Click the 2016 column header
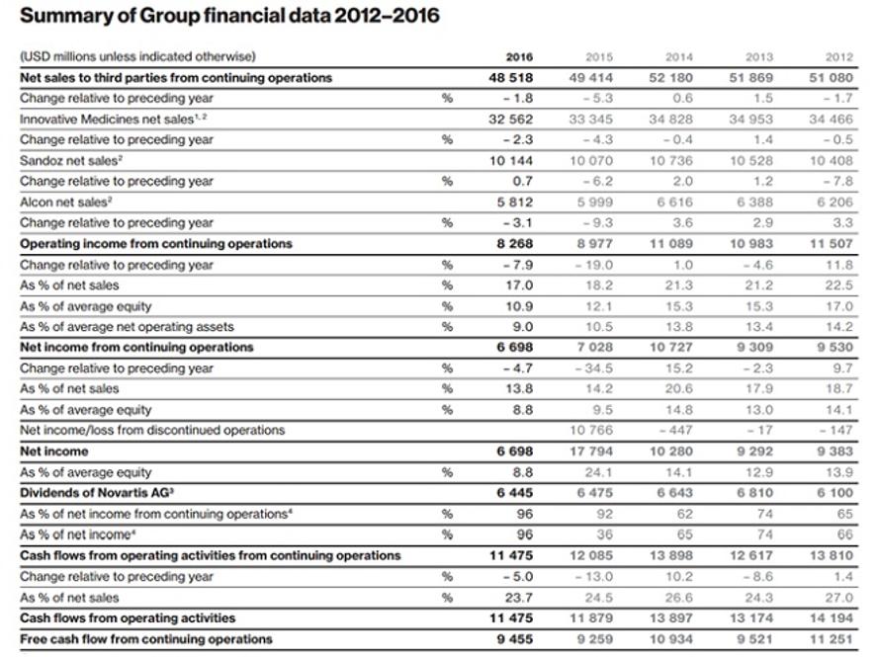pos(519,56)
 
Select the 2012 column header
pos(839,56)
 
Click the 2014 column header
pos(679,56)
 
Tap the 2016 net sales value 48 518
pos(511,77)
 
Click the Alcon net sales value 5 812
pos(514,202)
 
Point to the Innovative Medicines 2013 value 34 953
pos(751,120)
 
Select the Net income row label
pos(53,452)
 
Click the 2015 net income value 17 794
pos(591,452)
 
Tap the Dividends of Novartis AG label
pos(97,493)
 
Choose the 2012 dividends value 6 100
pos(835,493)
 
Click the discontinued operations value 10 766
pos(591,430)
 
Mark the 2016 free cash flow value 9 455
pos(514,639)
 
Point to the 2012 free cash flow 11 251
pos(832,639)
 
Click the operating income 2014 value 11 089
pos(671,244)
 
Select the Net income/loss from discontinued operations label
pos(152,430)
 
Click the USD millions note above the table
pos(137,56)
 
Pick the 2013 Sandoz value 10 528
pos(751,161)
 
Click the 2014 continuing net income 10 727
pos(671,347)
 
